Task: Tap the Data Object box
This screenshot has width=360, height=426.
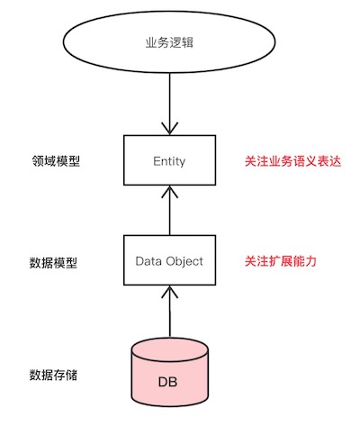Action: [x=170, y=261]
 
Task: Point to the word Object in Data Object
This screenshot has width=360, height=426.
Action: [x=186, y=261]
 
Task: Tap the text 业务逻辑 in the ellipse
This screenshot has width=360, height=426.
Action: [x=170, y=42]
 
